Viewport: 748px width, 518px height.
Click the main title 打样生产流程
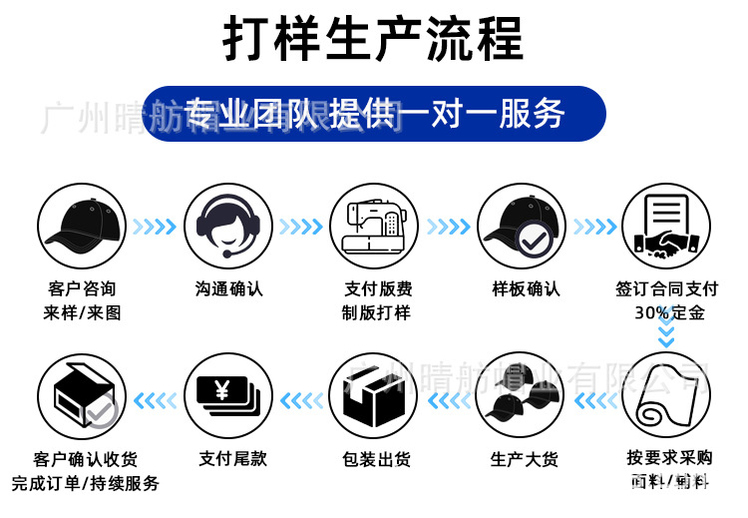pyautogui.click(x=373, y=41)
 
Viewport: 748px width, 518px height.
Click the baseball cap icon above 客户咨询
pyautogui.click(x=81, y=228)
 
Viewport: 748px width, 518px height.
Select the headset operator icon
pyautogui.click(x=228, y=228)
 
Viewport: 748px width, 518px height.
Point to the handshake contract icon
pyautogui.click(x=666, y=228)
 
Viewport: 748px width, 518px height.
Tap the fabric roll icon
pyautogui.click(x=666, y=398)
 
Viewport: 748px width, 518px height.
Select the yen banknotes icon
pyautogui.click(x=228, y=398)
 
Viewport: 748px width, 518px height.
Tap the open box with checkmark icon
pyautogui.click(x=81, y=398)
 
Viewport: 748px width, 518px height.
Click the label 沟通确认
pyautogui.click(x=228, y=289)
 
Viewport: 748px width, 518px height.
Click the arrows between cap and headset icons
pyautogui.click(x=154, y=228)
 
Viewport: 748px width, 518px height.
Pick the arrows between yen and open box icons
pyautogui.click(x=154, y=400)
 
